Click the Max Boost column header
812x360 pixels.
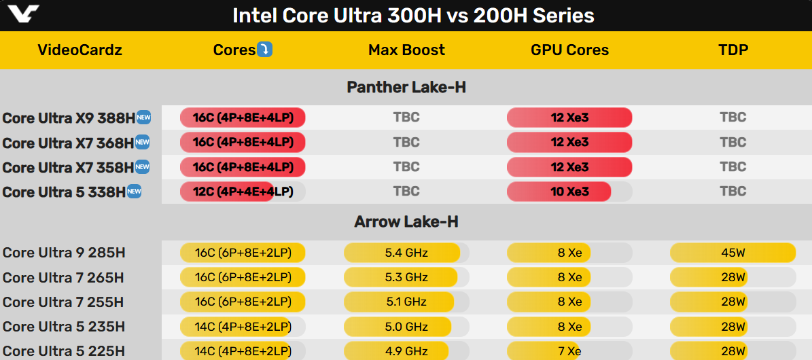[x=406, y=50]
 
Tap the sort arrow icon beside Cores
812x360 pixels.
[x=265, y=49]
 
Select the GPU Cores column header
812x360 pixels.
[x=569, y=50]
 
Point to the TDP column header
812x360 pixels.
[x=732, y=50]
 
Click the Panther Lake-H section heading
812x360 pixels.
[x=406, y=87]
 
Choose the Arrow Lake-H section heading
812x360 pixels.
[x=406, y=222]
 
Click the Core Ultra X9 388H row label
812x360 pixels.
[x=69, y=118]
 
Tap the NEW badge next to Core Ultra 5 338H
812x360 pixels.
[x=135, y=192]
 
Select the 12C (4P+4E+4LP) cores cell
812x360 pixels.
[x=243, y=192]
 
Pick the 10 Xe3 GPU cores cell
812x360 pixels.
[x=569, y=192]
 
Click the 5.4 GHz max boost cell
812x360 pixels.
[x=406, y=253]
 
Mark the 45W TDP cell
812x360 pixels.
[x=732, y=253]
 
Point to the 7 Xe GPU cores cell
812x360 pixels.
[x=569, y=351]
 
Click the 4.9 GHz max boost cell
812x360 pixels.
[x=406, y=351]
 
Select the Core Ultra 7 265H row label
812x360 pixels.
[x=64, y=278]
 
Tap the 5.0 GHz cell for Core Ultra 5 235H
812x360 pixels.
[x=406, y=327]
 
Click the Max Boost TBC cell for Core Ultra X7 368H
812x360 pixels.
[x=406, y=142]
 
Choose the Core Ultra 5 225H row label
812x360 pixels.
[x=64, y=351]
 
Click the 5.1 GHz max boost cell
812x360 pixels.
[x=406, y=302]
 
